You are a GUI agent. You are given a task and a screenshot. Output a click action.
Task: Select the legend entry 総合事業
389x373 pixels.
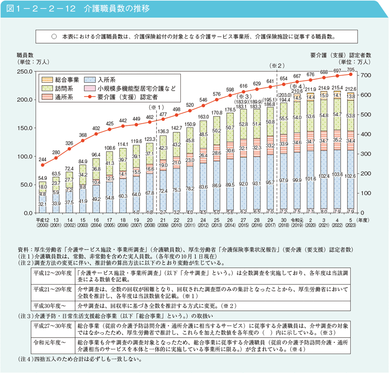pyautogui.click(x=66, y=79)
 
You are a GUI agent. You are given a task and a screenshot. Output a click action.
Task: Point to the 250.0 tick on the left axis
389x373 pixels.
pyautogui.click(x=25, y=71)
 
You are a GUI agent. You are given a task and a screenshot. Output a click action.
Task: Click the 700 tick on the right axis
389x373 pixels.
pyautogui.click(x=365, y=75)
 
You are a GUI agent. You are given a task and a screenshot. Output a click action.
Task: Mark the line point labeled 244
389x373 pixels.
pyautogui.click(x=42, y=165)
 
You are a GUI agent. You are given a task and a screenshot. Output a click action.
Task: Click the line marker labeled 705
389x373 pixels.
pyautogui.click(x=351, y=74)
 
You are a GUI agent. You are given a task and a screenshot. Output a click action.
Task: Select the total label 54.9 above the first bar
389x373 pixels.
pyautogui.click(x=42, y=178)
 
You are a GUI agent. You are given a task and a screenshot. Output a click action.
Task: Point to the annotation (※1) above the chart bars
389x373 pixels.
pyautogui.click(x=156, y=108)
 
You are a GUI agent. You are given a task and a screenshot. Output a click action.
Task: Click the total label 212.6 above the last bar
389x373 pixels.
pyautogui.click(x=351, y=89)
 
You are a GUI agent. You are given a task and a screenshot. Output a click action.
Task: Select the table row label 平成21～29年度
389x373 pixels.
pyautogui.click(x=52, y=289)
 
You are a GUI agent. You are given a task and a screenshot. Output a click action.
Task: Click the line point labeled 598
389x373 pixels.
pyautogui.click(x=230, y=96)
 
